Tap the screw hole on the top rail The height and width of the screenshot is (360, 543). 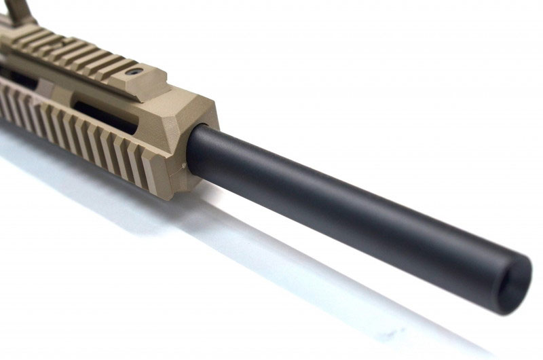(x=137, y=71)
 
